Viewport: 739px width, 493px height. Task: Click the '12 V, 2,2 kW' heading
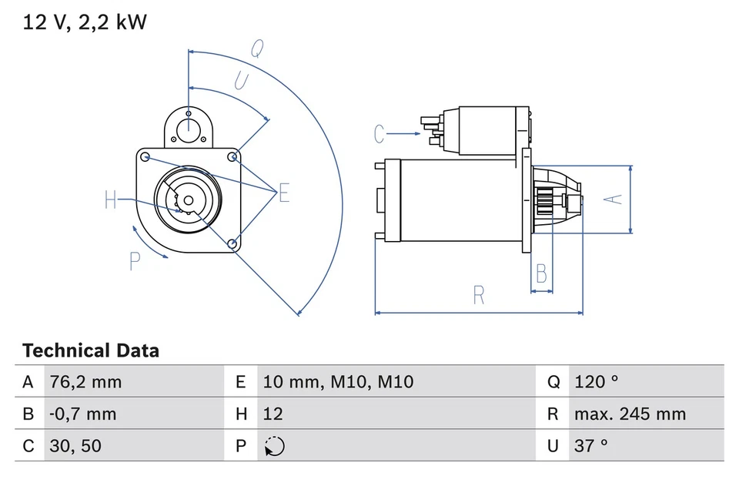(85, 22)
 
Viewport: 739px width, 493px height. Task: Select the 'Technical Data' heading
(91, 351)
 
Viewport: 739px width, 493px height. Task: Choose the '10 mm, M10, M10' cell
(338, 381)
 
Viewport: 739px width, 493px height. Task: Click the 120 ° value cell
(596, 381)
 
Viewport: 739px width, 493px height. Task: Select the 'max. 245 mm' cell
(629, 414)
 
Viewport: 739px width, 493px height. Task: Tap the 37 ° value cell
(590, 446)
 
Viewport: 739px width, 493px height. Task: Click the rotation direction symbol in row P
(274, 447)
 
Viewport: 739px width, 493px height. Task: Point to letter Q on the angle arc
(257, 49)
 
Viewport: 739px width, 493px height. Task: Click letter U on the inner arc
(241, 80)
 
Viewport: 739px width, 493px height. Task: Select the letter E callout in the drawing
(284, 193)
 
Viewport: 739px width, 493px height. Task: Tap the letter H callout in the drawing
(111, 201)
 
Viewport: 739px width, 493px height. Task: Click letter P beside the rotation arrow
(135, 263)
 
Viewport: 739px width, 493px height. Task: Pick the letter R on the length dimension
(478, 294)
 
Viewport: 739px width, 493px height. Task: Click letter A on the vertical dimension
(612, 199)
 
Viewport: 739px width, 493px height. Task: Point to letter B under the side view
(542, 273)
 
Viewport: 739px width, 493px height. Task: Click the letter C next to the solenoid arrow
(379, 134)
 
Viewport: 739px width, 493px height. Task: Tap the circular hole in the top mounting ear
(189, 128)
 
